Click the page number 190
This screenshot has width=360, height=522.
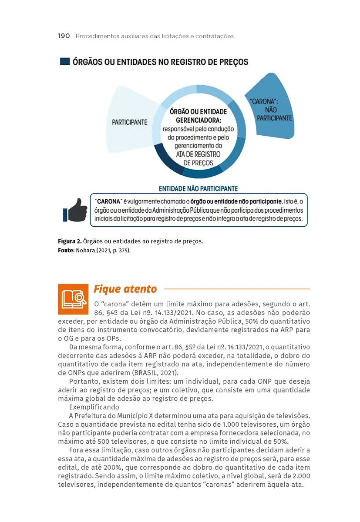click(x=64, y=36)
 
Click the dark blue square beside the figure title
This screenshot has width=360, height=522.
click(x=64, y=62)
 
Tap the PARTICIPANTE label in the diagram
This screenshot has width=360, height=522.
click(x=130, y=122)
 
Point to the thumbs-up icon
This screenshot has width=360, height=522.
click(x=75, y=211)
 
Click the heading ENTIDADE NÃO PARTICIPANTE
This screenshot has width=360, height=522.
click(x=198, y=189)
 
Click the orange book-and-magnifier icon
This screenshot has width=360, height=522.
click(x=73, y=299)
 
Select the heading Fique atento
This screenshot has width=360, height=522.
click(x=125, y=289)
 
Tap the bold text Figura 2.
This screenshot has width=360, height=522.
click(x=70, y=241)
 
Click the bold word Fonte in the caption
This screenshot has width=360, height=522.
click(x=67, y=251)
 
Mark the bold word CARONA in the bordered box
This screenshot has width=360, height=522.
click(x=109, y=202)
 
